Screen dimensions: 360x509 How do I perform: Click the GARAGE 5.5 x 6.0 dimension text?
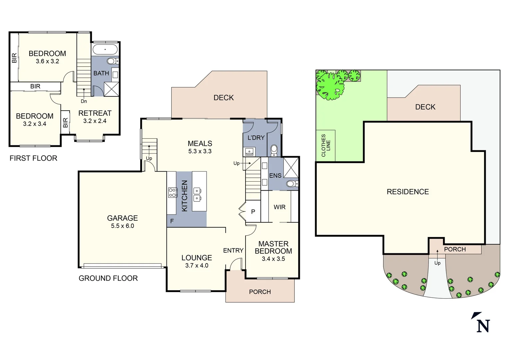coord(122,226)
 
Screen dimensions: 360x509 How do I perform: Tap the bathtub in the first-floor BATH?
coord(105,50)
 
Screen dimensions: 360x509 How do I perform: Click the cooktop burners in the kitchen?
coord(173,193)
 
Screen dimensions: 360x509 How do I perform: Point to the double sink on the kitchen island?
coord(197,195)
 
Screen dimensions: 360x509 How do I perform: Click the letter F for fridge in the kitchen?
coord(172,221)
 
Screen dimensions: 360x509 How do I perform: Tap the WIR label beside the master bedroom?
coord(279,207)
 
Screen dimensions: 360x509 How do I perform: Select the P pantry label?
coord(253,212)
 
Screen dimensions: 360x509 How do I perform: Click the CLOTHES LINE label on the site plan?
coord(325,146)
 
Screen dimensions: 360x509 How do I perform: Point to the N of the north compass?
coord(483,326)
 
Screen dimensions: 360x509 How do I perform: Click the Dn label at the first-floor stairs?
coord(84,101)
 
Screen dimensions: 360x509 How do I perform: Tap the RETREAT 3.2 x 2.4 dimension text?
coord(95,121)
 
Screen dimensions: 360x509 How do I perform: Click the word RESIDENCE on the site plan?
coord(408,192)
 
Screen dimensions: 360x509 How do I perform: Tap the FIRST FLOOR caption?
coord(33,158)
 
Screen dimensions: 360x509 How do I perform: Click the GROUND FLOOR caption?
coord(108,278)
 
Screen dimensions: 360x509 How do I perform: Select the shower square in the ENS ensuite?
coord(291,168)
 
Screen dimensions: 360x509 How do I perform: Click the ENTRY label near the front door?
coord(233,250)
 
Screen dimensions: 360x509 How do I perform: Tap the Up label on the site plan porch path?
coord(437,263)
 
